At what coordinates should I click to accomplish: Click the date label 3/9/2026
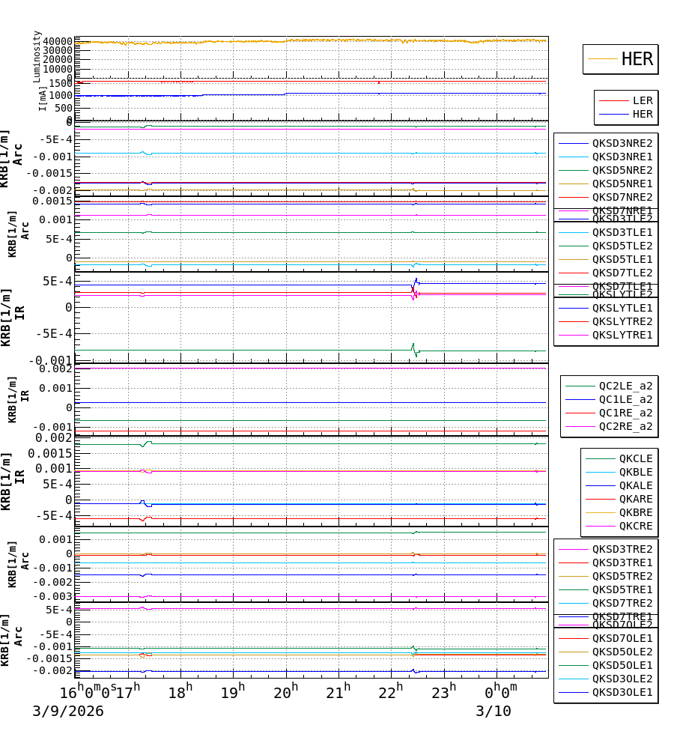pos(68,712)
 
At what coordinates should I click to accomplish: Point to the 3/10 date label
pos(494,712)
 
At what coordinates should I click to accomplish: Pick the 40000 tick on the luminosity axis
pos(57,41)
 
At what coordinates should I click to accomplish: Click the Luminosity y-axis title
pos(37,56)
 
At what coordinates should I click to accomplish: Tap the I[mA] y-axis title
pos(43,97)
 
